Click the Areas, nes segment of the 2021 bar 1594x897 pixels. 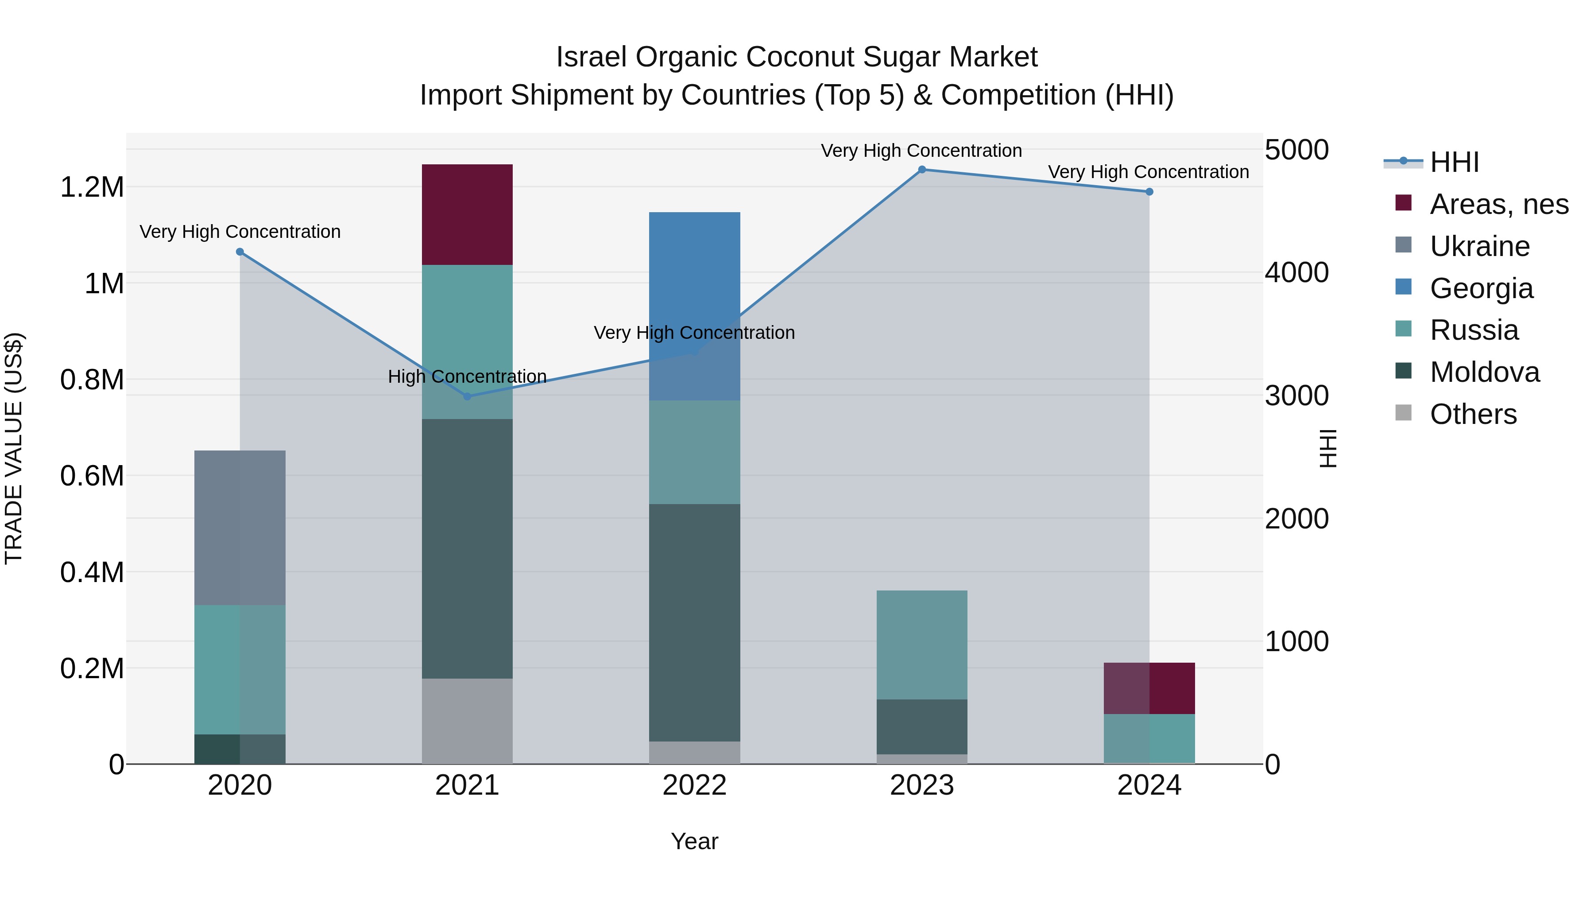[467, 214]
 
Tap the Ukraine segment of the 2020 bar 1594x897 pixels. [240, 528]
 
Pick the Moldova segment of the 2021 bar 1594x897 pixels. [467, 548]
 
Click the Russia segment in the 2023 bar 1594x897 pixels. [921, 645]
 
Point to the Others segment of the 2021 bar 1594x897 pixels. [467, 721]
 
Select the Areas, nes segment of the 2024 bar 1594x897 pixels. [1149, 688]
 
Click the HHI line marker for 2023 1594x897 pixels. [921, 170]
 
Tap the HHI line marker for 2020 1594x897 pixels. [240, 252]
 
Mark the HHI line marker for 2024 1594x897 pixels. [1149, 192]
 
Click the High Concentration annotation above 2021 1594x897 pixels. [467, 377]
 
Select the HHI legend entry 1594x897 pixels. [1454, 162]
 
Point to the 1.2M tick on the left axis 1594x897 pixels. [92, 187]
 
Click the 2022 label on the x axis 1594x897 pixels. [694, 785]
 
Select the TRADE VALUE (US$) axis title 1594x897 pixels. [14, 448]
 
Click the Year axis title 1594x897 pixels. [694, 841]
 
